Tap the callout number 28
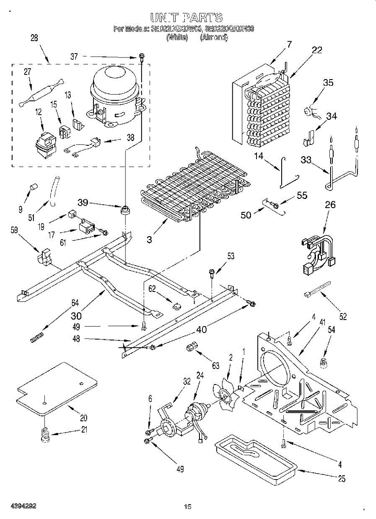[34, 38]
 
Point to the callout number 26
[330, 205]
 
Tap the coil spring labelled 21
[45, 435]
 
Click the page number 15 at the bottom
[187, 506]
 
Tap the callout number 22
[317, 50]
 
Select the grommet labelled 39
[126, 210]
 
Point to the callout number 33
[306, 160]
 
